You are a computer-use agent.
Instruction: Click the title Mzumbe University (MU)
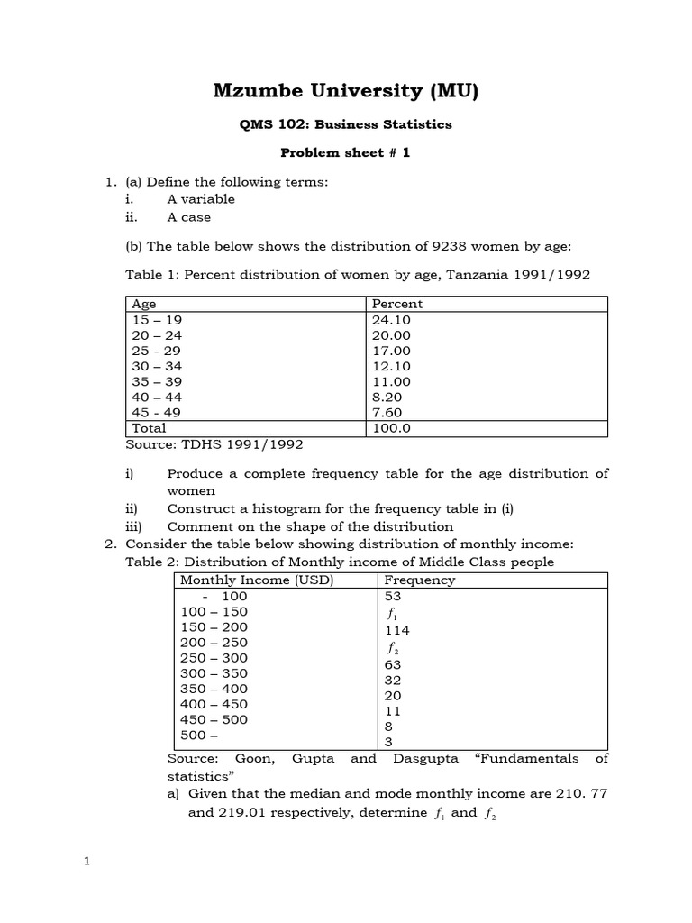(346, 90)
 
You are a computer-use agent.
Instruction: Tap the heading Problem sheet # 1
(346, 152)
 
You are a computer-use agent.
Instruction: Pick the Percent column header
(396, 304)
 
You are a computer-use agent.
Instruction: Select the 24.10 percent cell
(391, 319)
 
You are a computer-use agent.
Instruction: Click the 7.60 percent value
(387, 412)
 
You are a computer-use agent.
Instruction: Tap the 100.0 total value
(391, 428)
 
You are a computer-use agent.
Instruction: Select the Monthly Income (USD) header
(257, 580)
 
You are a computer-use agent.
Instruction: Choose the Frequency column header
(419, 580)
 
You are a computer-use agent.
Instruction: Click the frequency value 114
(396, 631)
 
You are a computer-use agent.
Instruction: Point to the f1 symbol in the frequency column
(391, 613)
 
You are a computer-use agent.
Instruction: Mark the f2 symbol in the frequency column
(392, 648)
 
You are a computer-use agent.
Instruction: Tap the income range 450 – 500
(214, 719)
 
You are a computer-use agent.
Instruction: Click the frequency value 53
(393, 596)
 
